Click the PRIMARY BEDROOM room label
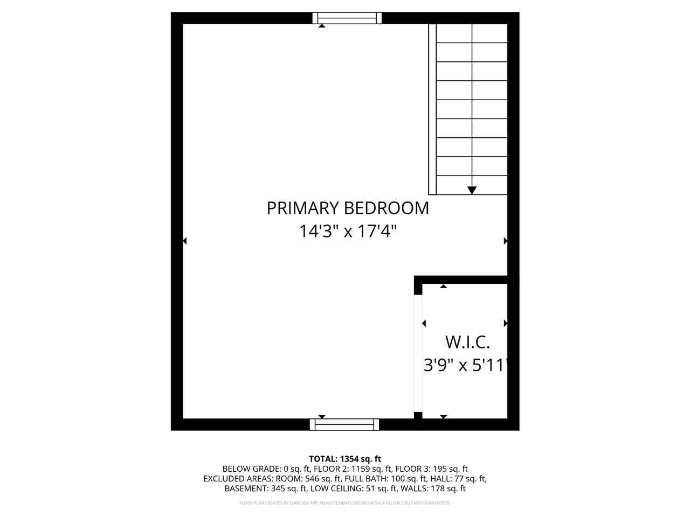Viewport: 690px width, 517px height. click(x=348, y=208)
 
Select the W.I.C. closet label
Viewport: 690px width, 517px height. click(x=467, y=342)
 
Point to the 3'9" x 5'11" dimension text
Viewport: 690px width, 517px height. click(x=466, y=366)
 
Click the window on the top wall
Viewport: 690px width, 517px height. click(x=347, y=18)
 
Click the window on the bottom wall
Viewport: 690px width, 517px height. click(x=344, y=424)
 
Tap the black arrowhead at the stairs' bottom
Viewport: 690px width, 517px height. click(x=472, y=190)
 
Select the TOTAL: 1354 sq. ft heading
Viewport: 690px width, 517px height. click(x=345, y=459)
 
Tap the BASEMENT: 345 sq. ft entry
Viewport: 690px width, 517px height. click(x=266, y=489)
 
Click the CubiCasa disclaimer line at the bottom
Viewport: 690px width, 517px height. click(x=345, y=503)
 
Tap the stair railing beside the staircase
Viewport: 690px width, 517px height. click(x=432, y=108)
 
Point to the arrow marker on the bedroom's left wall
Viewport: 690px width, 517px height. click(x=185, y=241)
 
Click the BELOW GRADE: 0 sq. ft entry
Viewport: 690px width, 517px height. click(x=251, y=469)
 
